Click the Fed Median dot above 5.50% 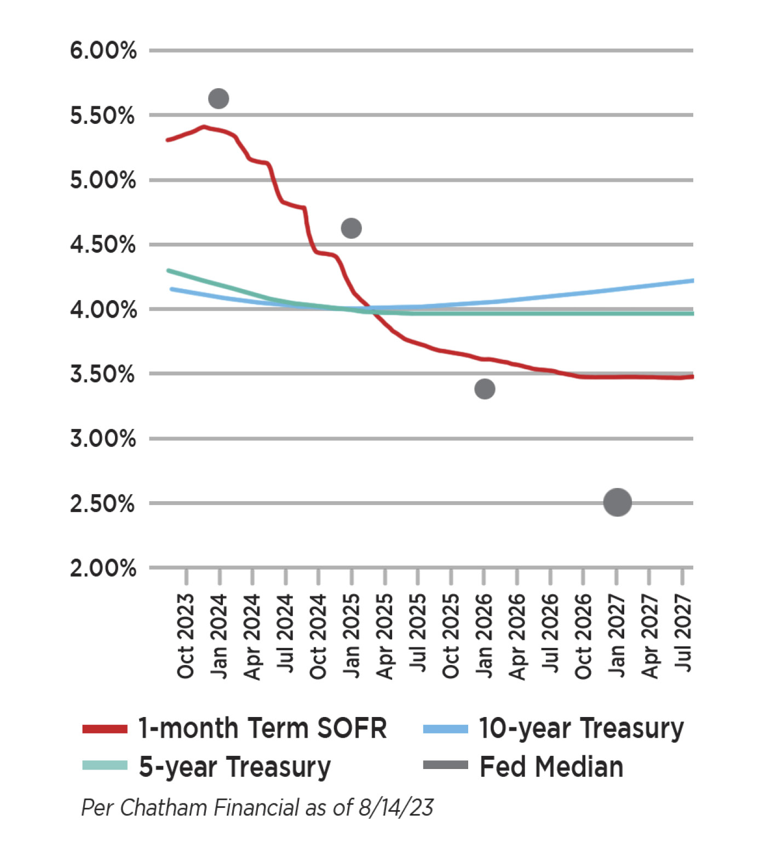coord(218,99)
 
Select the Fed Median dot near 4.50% coord(351,228)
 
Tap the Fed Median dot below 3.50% coord(485,389)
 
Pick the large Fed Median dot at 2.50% coord(617,502)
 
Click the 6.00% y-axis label coord(103,51)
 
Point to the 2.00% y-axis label coord(103,569)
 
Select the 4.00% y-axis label coord(103,310)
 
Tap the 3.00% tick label coord(103,439)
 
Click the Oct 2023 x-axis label coord(186,636)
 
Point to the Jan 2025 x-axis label coord(352,636)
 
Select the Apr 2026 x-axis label coord(517,636)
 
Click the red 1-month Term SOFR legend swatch coord(105,729)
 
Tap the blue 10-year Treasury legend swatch coord(445,729)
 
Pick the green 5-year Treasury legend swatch coord(105,766)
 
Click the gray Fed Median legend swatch coord(445,766)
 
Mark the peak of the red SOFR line coord(204,127)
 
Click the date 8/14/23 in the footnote coord(396,808)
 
